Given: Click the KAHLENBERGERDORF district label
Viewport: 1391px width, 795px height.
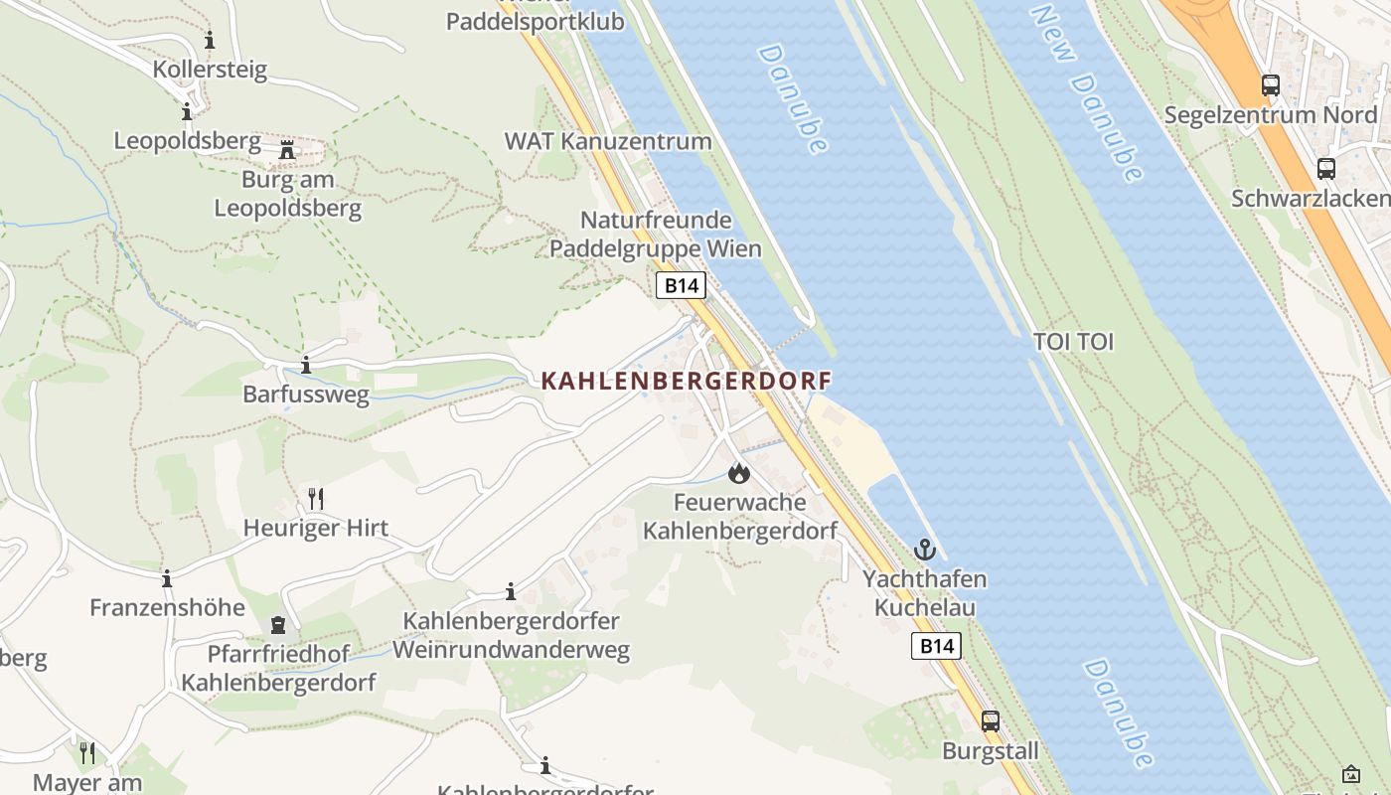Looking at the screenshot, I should click(686, 381).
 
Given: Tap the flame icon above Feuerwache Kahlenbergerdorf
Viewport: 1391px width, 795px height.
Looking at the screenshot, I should click(738, 473).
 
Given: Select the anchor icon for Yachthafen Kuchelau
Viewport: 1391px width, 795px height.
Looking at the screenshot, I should click(925, 549).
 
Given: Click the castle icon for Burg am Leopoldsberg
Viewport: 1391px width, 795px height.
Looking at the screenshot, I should click(288, 151).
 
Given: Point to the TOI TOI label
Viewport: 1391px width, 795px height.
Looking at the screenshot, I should click(1073, 342).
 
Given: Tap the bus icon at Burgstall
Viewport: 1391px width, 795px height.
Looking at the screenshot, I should click(991, 721).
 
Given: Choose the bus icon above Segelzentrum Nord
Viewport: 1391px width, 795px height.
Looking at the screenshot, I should click(1271, 85).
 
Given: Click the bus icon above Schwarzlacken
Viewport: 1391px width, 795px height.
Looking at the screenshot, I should click(1325, 168).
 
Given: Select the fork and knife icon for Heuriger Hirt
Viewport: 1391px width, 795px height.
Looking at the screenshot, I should click(316, 498).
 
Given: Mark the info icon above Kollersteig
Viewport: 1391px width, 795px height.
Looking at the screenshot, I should click(210, 41).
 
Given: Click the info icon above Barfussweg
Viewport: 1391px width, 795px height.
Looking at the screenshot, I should click(306, 365).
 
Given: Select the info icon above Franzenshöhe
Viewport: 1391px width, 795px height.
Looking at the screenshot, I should click(167, 578).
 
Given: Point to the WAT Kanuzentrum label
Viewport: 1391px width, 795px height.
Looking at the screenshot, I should click(608, 141).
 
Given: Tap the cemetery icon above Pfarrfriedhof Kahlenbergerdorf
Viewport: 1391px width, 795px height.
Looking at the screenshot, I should click(278, 625).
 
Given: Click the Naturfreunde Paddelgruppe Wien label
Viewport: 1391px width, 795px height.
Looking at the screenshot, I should click(656, 234).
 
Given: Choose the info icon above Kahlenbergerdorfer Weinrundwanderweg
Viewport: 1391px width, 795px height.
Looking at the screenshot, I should click(511, 592).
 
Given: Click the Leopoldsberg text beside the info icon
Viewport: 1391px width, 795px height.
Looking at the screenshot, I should click(187, 141).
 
